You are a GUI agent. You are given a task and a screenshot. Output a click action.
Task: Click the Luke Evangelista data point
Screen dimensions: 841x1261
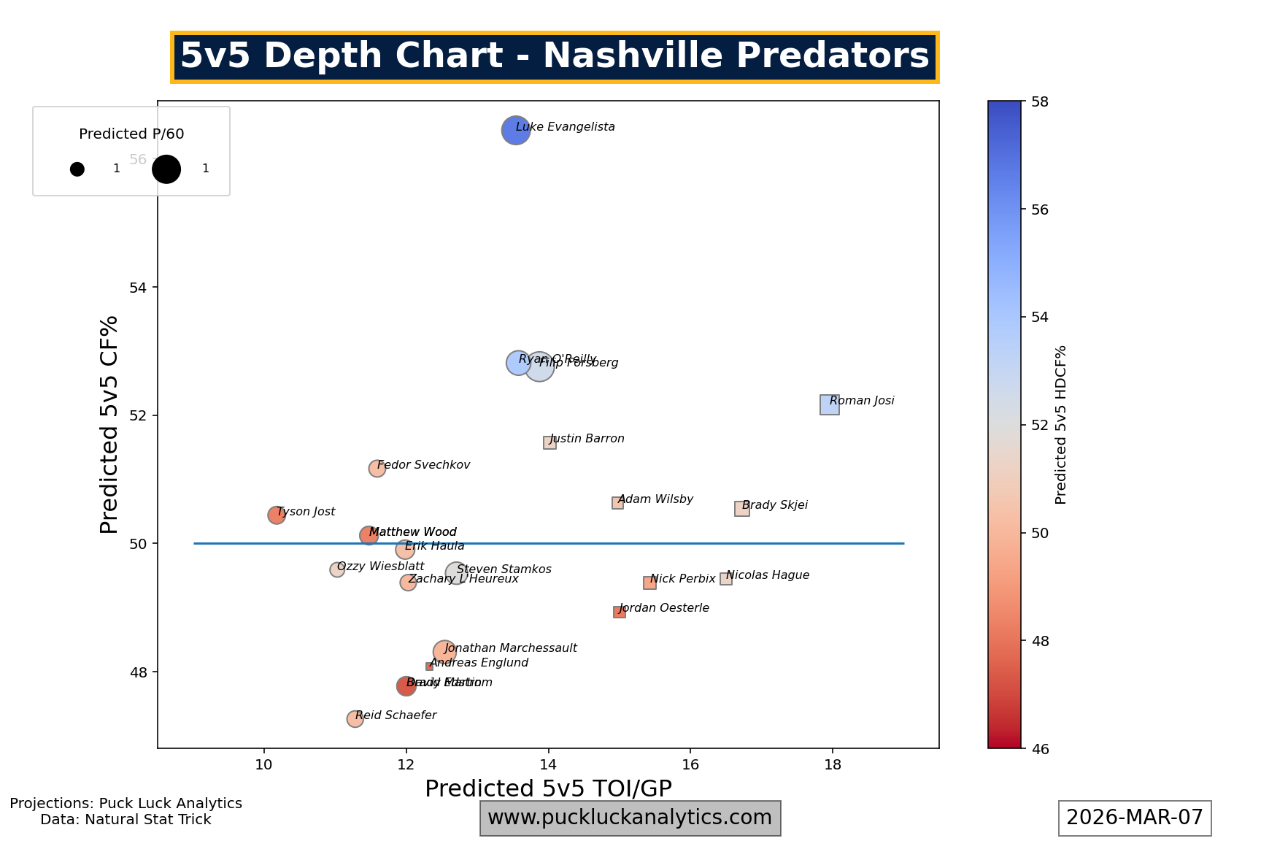click(515, 131)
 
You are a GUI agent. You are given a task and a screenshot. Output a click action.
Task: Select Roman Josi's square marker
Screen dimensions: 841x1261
click(829, 404)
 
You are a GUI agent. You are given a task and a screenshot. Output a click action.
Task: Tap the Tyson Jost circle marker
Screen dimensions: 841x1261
click(276, 515)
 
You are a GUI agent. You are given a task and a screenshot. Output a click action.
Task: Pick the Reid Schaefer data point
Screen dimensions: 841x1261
click(355, 719)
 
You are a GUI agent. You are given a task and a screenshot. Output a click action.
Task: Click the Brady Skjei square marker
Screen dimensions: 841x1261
click(741, 509)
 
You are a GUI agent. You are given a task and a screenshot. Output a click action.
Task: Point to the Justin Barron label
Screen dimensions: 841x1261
click(587, 439)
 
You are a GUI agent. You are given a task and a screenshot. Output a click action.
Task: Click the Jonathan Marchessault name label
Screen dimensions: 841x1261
click(511, 648)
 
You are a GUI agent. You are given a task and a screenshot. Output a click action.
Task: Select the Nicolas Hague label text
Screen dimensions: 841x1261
click(768, 575)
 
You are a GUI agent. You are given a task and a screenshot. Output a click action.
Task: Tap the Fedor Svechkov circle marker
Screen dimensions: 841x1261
click(377, 469)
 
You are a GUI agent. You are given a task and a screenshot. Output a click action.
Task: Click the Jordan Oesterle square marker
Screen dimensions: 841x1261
click(619, 612)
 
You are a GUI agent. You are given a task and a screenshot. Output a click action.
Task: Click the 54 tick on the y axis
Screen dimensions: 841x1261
click(138, 288)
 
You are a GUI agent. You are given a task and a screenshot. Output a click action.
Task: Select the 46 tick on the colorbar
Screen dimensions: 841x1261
click(1040, 749)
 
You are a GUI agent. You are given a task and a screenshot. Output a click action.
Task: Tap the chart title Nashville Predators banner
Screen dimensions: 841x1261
click(555, 57)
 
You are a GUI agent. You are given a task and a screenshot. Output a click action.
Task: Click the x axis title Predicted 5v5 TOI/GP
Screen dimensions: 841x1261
click(548, 788)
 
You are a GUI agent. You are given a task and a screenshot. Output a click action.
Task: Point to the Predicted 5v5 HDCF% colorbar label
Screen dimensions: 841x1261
click(1061, 425)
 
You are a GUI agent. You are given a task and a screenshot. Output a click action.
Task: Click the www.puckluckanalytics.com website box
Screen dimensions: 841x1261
click(630, 818)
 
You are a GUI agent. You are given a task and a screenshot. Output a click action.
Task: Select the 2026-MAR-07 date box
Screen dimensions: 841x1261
click(1135, 818)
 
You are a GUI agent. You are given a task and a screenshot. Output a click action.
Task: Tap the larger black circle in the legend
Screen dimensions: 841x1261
click(166, 169)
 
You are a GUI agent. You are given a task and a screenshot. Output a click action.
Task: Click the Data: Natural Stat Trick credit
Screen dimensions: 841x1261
click(126, 820)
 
